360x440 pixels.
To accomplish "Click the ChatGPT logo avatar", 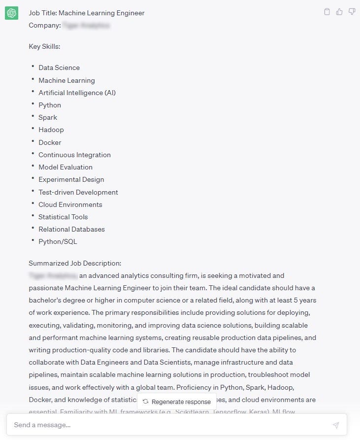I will click(11, 13).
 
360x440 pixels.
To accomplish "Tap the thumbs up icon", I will click(339, 12).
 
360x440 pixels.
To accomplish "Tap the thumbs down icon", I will click(352, 12).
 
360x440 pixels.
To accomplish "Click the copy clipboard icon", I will click(327, 12).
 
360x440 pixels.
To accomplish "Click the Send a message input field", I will click(167, 425).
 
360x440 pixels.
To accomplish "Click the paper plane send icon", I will click(336, 425).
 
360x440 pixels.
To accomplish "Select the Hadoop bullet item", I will click(51, 130).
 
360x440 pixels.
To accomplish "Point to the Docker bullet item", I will click(50, 142).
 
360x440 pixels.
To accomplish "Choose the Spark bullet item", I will click(48, 117).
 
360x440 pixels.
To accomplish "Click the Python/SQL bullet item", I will click(58, 241).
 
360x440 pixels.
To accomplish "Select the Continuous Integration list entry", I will click(74, 155).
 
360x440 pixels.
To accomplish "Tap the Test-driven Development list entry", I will click(78, 192).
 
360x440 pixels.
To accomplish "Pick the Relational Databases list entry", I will click(71, 229).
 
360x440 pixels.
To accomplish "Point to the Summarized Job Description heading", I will click(75, 263).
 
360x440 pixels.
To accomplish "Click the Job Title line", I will click(87, 13).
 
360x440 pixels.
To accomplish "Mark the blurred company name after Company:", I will click(86, 25).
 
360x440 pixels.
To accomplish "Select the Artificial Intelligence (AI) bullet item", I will click(77, 93).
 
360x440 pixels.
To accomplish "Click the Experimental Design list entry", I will click(71, 179).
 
